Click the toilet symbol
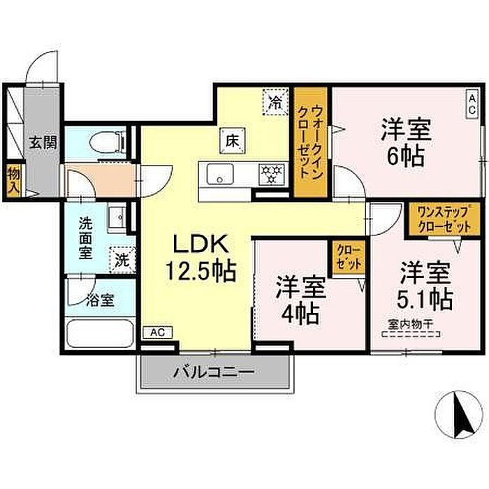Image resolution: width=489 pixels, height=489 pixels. tap(108, 143)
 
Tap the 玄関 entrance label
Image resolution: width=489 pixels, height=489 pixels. tap(43, 143)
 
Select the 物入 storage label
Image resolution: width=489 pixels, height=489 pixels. tap(14, 180)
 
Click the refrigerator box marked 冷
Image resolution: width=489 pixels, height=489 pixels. tap(276, 102)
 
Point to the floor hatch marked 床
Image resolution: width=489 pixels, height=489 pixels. tap(233, 140)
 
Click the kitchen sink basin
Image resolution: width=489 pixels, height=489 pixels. tap(220, 174)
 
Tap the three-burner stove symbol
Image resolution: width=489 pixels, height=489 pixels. tap(272, 175)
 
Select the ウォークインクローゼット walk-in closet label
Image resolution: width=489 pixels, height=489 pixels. tap(310, 143)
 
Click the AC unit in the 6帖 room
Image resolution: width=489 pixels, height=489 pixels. tap(472, 104)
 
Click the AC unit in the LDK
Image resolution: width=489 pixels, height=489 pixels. tap(157, 333)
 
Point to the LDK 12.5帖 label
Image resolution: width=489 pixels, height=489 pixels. tap(200, 258)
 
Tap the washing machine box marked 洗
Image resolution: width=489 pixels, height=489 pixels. tap(122, 260)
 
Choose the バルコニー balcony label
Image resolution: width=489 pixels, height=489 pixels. tap(214, 372)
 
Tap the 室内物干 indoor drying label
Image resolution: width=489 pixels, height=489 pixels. tap(411, 325)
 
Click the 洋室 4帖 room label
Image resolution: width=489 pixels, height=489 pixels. tap(300, 300)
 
